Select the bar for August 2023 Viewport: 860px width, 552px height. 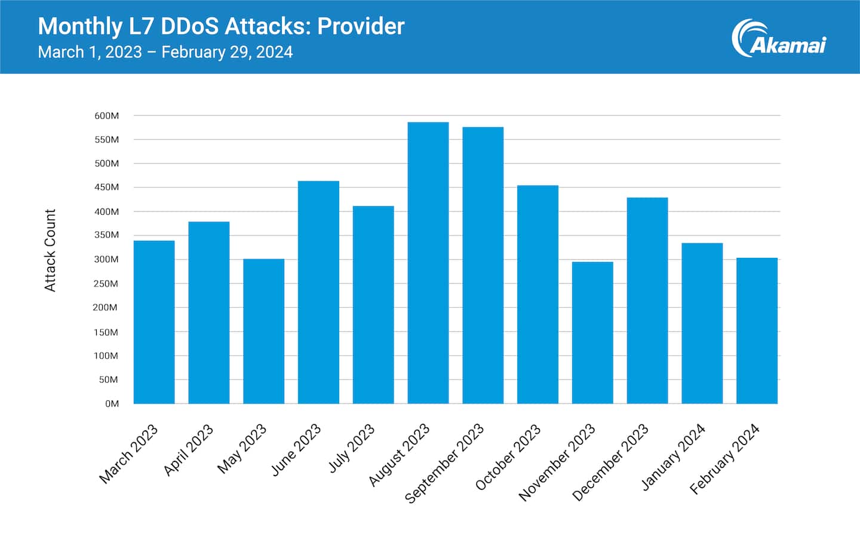pos(428,263)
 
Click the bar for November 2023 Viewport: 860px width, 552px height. pos(592,332)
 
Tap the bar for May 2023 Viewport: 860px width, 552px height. pos(263,331)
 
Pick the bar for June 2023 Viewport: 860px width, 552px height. pos(318,292)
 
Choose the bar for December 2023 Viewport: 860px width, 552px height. pos(647,300)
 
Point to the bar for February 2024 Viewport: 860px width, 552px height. pos(757,331)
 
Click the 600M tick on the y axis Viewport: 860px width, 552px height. pos(106,116)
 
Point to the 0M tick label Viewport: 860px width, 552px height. pos(112,404)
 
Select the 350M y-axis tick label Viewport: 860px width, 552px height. pos(106,235)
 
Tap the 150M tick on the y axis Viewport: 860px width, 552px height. pos(106,332)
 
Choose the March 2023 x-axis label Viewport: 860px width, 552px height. pos(128,454)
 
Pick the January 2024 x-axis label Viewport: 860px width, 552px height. pos(674,457)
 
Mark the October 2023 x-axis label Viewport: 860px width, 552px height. pos(508,457)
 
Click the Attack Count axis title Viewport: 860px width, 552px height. pos(50,250)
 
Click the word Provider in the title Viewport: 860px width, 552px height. pos(361,26)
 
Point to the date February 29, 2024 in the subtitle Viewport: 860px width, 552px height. pos(227,53)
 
